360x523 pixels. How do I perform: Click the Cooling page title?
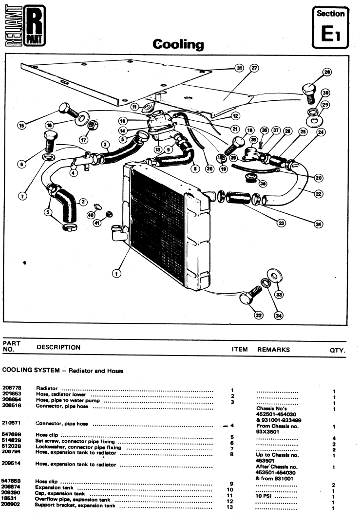[178, 45]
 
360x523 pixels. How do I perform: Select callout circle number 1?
[116, 273]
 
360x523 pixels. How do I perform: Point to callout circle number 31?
[239, 68]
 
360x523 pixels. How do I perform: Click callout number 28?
[327, 74]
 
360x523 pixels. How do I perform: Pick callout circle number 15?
[21, 125]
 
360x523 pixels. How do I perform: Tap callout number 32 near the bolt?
[259, 315]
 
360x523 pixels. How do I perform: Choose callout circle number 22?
[319, 194]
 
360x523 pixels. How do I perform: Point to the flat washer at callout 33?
[274, 277]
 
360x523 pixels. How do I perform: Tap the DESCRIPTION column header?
[58, 348]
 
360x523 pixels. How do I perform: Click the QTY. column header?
[337, 350]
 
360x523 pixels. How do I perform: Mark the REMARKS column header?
[273, 349]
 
